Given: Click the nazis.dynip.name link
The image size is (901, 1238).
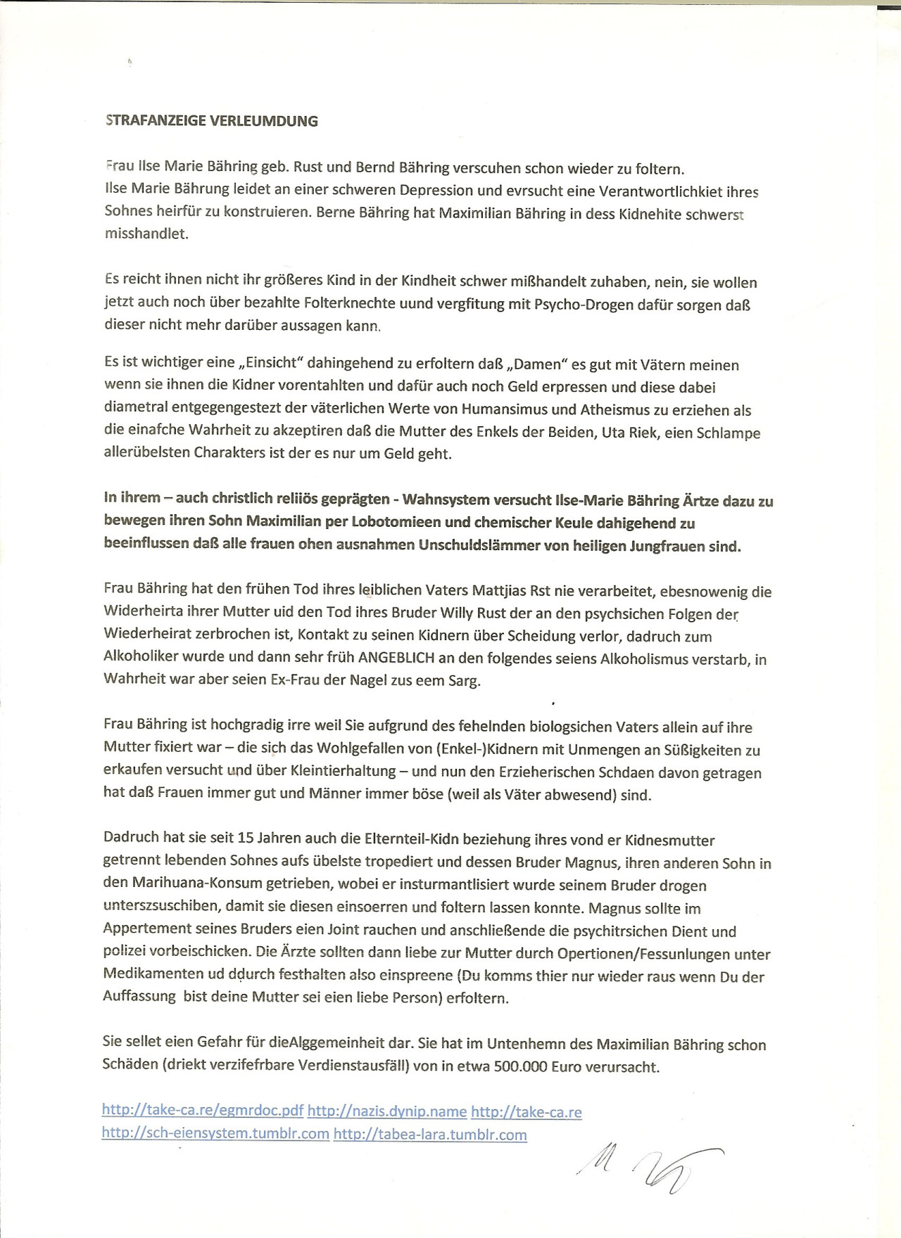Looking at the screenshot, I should tap(387, 1111).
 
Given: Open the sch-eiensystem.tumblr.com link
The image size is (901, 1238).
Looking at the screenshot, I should tap(215, 1134).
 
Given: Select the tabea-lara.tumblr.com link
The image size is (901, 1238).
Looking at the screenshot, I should tap(430, 1134).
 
